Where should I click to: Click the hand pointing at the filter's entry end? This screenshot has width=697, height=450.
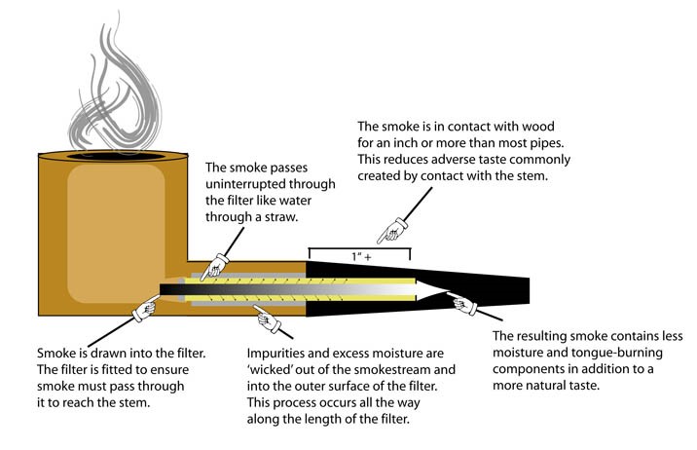(146, 307)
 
